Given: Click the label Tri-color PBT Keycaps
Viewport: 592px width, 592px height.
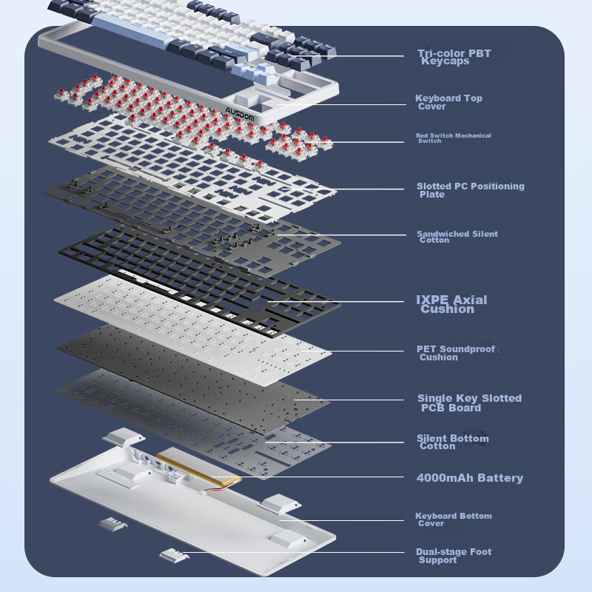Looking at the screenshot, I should (454, 57).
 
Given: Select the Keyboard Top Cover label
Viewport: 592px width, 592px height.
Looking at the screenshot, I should (448, 102).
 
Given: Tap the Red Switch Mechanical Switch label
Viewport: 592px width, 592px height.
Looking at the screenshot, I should (453, 138).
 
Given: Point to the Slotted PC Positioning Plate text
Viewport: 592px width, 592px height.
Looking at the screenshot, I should (470, 190).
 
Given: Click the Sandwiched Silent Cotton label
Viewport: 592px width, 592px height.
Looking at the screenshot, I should (457, 237).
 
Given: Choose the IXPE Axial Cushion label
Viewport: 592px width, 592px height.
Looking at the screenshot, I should (451, 304).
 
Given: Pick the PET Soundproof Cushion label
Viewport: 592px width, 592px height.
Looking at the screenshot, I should (455, 353).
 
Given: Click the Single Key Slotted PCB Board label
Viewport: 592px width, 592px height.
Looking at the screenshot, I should (468, 403).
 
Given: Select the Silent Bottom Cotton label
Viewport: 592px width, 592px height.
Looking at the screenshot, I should (452, 442).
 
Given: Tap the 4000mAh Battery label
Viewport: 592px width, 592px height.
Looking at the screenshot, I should (469, 478).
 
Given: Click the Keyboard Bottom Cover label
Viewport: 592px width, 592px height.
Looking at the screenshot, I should (453, 519).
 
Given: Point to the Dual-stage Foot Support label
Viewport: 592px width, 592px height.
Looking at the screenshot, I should (453, 556).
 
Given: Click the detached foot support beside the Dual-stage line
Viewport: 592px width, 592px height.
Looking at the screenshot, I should (172, 555).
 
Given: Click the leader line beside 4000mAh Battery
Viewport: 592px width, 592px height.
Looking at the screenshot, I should (326, 478).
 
